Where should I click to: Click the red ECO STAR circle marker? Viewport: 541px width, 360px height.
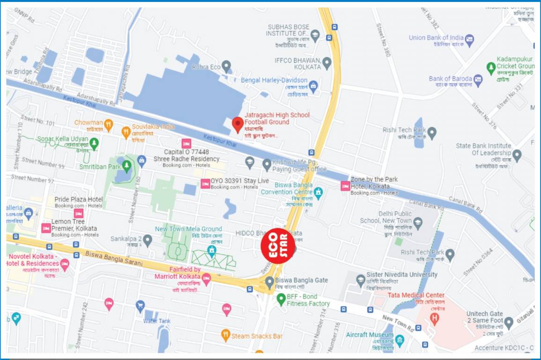coord(277,246)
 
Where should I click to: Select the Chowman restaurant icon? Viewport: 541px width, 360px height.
coord(109,124)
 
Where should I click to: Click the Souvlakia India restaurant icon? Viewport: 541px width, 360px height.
coord(126,133)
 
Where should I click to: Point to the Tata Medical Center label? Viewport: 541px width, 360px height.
coord(416,295)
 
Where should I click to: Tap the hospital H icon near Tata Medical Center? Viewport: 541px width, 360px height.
coord(435,319)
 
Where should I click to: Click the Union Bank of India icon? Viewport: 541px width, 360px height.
coord(469,39)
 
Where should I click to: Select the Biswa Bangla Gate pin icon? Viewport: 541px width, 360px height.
coord(269,282)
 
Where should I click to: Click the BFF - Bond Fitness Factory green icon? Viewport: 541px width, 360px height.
coord(281,298)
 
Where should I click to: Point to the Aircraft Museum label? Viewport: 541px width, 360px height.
coord(370,335)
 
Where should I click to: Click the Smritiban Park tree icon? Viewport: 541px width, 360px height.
coord(126,166)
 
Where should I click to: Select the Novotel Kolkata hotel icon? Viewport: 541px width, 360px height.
coord(65,264)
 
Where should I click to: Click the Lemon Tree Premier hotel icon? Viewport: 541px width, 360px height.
coord(46,228)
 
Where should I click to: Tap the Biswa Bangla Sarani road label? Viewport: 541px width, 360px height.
coord(114,259)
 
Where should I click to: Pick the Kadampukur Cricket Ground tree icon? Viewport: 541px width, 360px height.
coord(491,68)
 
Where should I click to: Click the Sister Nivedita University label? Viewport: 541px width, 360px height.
coord(402,275)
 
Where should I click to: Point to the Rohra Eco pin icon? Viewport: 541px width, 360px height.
coord(226,66)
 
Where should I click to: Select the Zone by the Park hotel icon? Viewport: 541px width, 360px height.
coord(345,186)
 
